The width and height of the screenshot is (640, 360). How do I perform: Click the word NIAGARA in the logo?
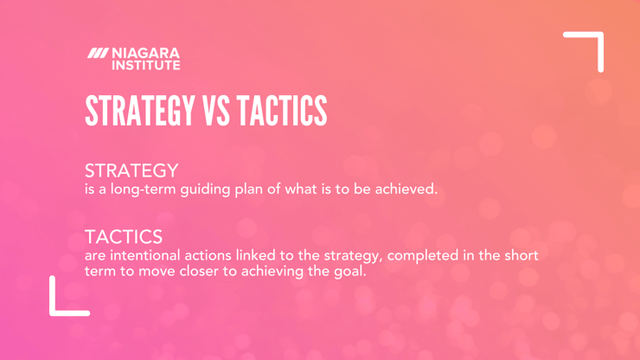145,53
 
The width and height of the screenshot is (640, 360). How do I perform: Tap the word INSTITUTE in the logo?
145,65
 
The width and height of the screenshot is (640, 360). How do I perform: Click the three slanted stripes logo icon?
98,53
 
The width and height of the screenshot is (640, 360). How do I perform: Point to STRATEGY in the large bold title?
139,110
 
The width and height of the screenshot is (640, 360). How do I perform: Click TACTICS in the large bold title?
282,110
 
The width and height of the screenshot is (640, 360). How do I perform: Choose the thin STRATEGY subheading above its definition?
131,170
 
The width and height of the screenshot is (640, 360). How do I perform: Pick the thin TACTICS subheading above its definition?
124,236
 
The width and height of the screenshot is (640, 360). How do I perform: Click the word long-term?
144,190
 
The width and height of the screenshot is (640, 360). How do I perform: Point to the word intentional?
145,255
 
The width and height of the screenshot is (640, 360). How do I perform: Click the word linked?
255,255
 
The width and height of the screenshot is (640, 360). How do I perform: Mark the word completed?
422,256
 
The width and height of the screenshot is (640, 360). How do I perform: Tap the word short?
522,255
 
